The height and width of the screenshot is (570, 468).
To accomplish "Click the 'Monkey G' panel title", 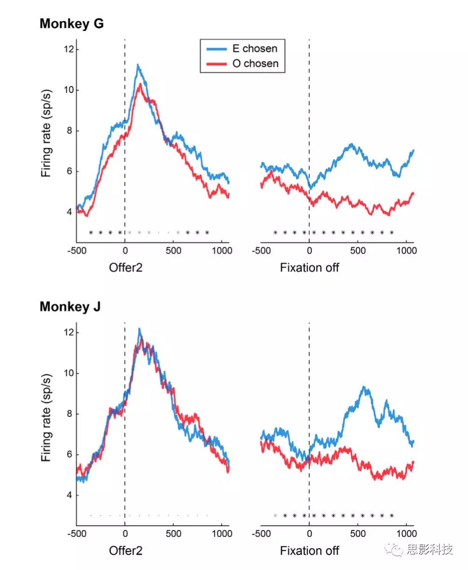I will (71, 24).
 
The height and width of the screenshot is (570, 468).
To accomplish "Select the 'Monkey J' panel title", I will (70, 307).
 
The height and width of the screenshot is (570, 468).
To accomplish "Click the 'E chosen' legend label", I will (255, 48).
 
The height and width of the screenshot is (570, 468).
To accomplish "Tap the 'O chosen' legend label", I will (255, 63).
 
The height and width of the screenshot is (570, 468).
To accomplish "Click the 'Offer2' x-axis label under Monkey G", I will (125, 268).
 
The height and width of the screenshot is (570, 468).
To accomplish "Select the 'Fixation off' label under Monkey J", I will (310, 551).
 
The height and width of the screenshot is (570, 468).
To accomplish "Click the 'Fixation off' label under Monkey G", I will (310, 268).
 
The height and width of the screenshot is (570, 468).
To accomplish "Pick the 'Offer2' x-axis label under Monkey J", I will (125, 551).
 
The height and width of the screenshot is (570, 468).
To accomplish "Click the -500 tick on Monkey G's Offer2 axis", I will (76, 251).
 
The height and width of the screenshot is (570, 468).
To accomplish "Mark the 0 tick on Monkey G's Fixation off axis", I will (309, 251).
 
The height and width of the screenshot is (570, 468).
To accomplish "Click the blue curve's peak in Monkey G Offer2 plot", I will (138, 65).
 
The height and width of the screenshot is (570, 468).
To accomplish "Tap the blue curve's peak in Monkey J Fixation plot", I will (365, 387).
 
